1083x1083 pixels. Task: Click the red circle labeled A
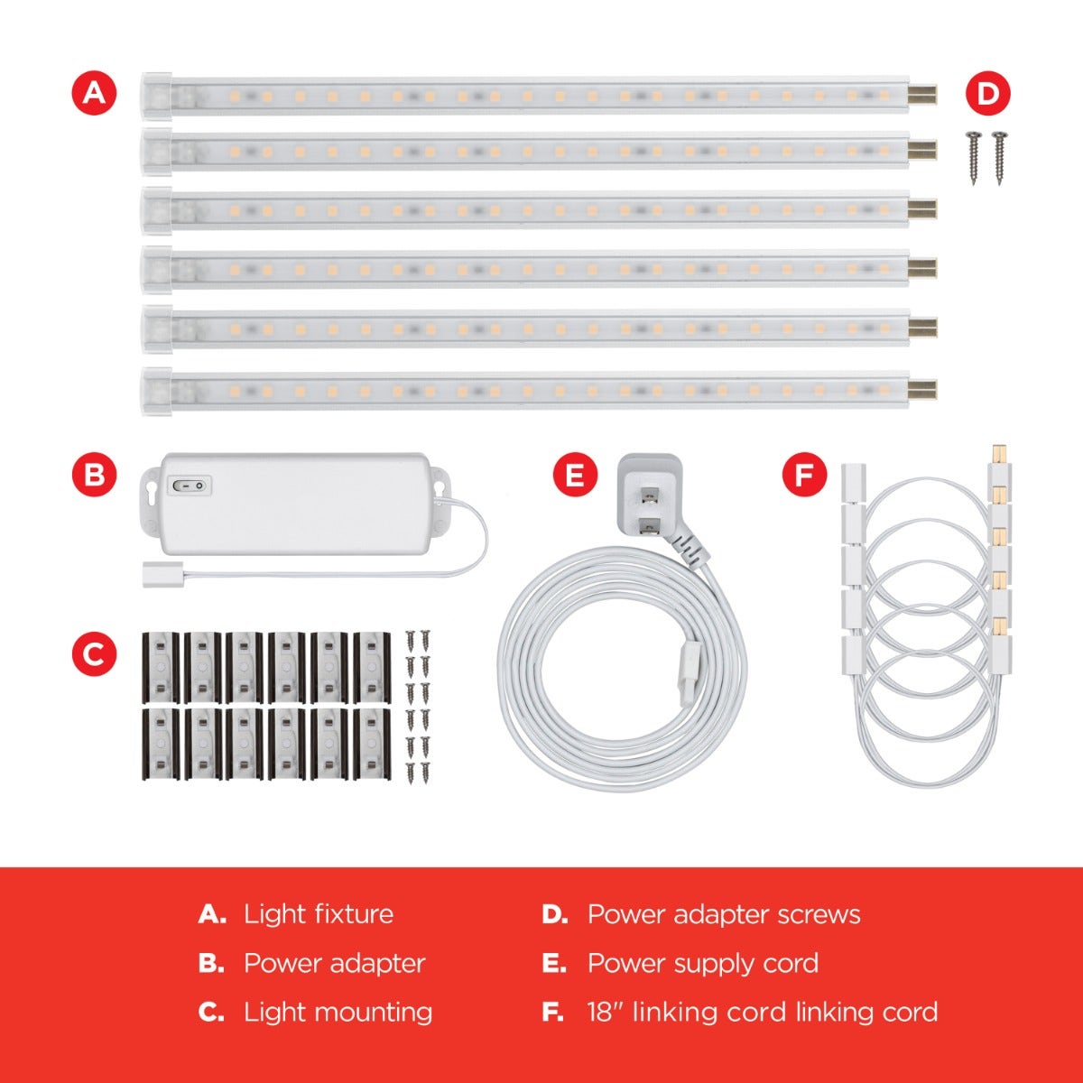click(x=95, y=94)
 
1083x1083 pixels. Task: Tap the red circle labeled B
click(x=95, y=476)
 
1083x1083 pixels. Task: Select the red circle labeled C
click(x=95, y=656)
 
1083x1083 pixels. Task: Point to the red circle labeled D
click(x=988, y=94)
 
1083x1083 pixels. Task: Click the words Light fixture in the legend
click(x=319, y=914)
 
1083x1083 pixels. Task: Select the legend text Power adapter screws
click(x=724, y=914)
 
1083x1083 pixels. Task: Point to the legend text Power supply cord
click(x=703, y=963)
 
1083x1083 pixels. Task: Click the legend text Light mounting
click(x=338, y=1012)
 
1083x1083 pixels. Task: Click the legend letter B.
click(x=210, y=963)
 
